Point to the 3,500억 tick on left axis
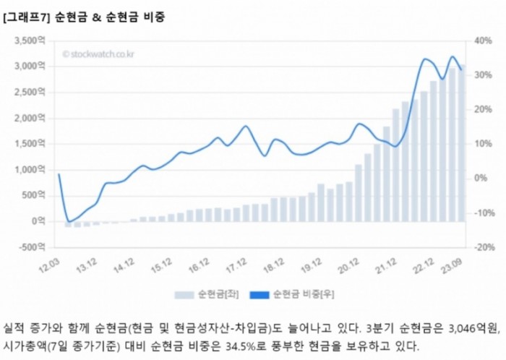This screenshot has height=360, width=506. (31, 40)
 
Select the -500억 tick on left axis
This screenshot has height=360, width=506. (31, 247)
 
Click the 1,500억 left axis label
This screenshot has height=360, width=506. (31, 144)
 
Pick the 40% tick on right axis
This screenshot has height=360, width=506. (481, 40)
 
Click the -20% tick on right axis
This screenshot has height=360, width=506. (481, 247)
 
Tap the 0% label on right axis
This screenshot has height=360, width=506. (479, 178)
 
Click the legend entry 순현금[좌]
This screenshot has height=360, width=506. (211, 294)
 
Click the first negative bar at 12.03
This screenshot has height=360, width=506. (68, 224)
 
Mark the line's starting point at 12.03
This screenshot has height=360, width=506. (59, 174)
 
